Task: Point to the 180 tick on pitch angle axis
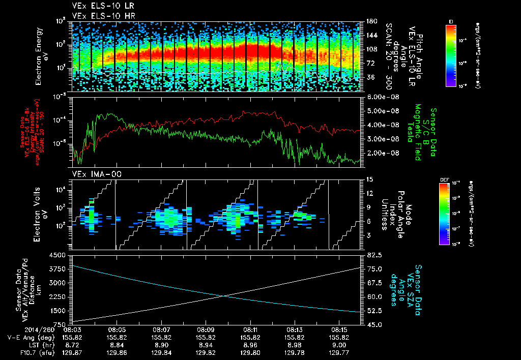[x=371, y=21]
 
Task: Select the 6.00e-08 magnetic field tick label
[x=382, y=97]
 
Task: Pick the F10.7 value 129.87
[x=72, y=351]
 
